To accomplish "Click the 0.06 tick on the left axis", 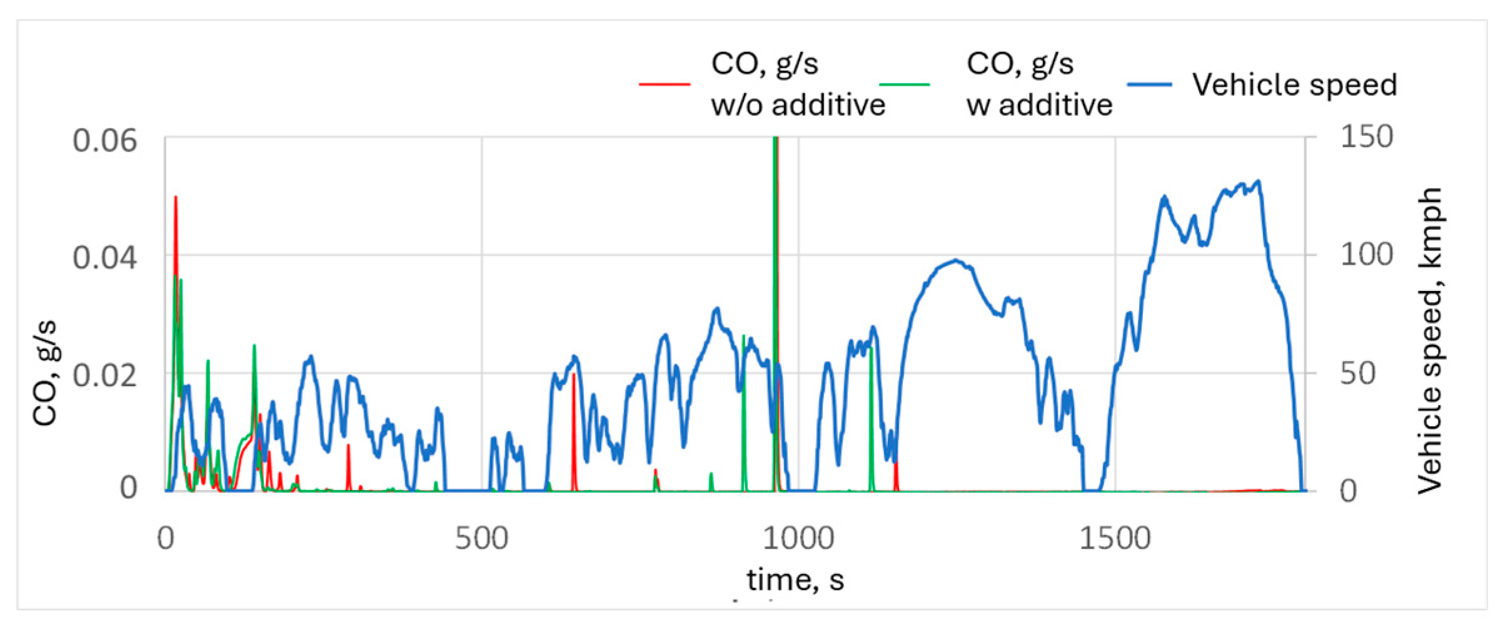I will coord(104,140).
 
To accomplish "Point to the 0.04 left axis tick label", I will coord(104,257).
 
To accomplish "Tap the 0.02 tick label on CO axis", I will coord(104,376).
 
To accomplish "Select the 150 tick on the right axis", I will coord(1367,136).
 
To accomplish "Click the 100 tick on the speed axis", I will coord(1367,255).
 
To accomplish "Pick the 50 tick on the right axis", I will coord(1358,374).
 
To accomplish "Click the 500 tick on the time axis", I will coord(481,538).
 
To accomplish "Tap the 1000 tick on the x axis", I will coord(798,538).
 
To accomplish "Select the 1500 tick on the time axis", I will coord(1115,538).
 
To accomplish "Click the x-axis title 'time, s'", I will coord(795,580).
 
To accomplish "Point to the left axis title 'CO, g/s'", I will coord(46,373).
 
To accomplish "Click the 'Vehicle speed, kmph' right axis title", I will coord(1430,341).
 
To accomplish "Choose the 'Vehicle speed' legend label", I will coord(1294,84).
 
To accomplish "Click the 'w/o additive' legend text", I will coord(798,105).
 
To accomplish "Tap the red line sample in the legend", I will coord(664,84).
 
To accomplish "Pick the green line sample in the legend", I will coord(904,84).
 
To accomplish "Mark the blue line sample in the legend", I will coord(1149,84).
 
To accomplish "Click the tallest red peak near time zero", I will coord(176,198).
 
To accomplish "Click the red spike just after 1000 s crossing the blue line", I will coord(896,476).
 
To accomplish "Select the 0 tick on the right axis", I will coord(1349,491).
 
